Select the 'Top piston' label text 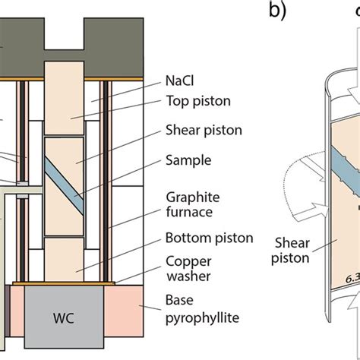(197, 99)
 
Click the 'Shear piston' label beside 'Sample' (203, 130)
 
